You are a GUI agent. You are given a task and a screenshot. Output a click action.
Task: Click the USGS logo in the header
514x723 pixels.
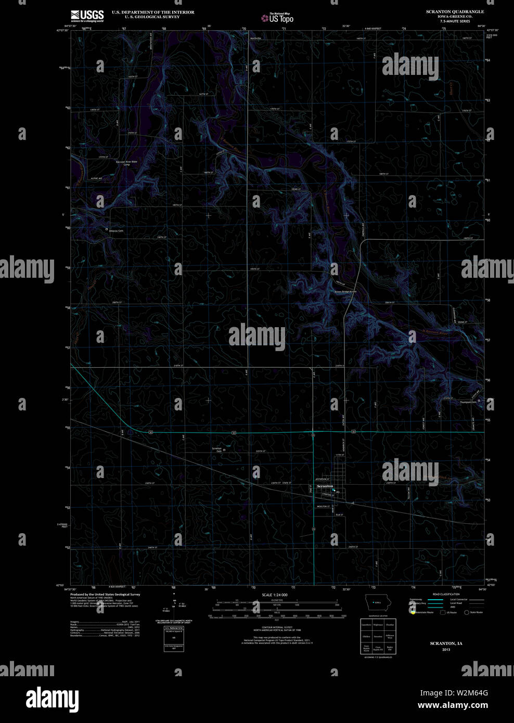(x=87, y=16)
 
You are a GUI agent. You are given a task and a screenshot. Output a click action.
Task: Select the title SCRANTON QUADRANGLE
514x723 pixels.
(x=455, y=11)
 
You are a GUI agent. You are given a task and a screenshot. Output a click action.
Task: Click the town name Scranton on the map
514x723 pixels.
(x=325, y=486)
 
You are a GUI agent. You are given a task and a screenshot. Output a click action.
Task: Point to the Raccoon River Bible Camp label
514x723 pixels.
(x=126, y=163)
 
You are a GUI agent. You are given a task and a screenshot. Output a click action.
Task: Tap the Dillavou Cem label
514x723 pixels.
(x=115, y=230)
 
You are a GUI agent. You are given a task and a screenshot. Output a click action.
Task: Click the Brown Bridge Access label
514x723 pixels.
(x=345, y=291)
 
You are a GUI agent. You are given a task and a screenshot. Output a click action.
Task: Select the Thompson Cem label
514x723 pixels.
(x=468, y=402)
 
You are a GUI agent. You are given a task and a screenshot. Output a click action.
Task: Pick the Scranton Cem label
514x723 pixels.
(x=216, y=449)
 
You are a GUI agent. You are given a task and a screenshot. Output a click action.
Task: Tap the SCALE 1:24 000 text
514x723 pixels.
(x=275, y=595)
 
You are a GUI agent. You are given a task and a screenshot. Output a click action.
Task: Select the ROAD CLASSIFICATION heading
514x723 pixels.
(x=446, y=594)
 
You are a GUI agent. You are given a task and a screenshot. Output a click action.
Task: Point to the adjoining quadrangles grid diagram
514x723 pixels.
(x=378, y=636)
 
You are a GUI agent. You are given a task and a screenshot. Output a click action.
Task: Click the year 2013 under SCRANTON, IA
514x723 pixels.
(x=446, y=650)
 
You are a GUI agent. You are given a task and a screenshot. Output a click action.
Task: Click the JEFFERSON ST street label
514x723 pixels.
(x=323, y=479)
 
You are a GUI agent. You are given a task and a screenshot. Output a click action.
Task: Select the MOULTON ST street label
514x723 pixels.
(x=323, y=506)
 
